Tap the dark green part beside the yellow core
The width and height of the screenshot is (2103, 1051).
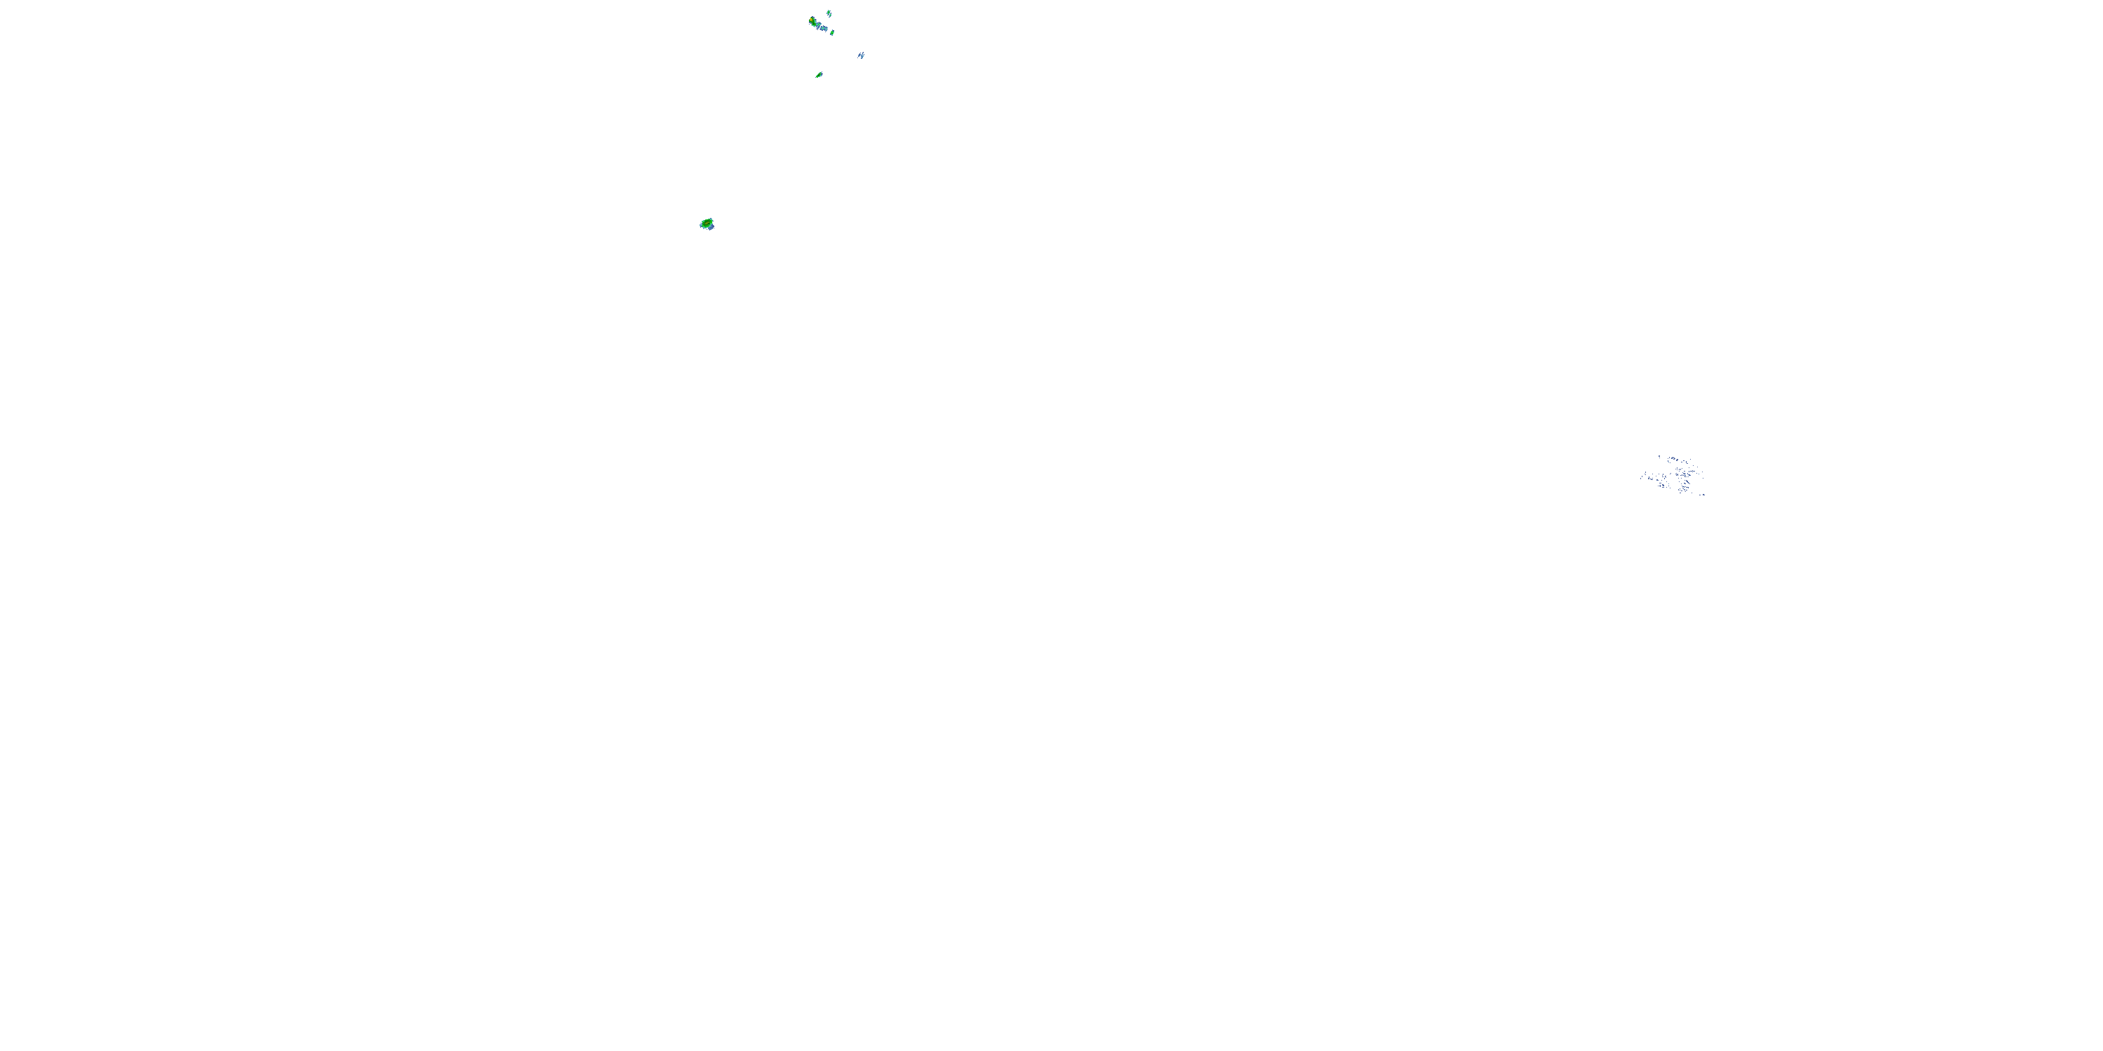click(814, 25)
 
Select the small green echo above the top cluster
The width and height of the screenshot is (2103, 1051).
click(829, 14)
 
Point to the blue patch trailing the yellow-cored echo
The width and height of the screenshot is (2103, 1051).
click(819, 26)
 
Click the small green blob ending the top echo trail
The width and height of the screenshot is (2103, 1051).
click(833, 33)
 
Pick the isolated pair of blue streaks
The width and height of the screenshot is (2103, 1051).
click(862, 55)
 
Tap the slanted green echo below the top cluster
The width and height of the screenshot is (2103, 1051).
click(819, 75)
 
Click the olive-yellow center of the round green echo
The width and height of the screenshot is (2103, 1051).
click(707, 224)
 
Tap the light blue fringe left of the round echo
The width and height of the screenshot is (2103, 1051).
click(700, 225)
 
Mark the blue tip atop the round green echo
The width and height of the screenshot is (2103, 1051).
click(711, 219)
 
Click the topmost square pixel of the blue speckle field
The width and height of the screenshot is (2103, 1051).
click(1660, 456)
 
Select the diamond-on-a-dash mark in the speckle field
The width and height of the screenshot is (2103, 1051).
click(1693, 472)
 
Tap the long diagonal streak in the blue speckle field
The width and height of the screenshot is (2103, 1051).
click(1688, 482)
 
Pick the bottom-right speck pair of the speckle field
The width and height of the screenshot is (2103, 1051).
click(1703, 495)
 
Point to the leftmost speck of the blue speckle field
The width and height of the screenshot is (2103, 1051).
click(1641, 479)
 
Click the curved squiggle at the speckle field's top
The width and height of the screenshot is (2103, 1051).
click(1673, 459)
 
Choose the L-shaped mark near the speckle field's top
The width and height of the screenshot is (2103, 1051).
click(1687, 462)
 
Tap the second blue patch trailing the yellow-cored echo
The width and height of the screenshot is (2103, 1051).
click(824, 29)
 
